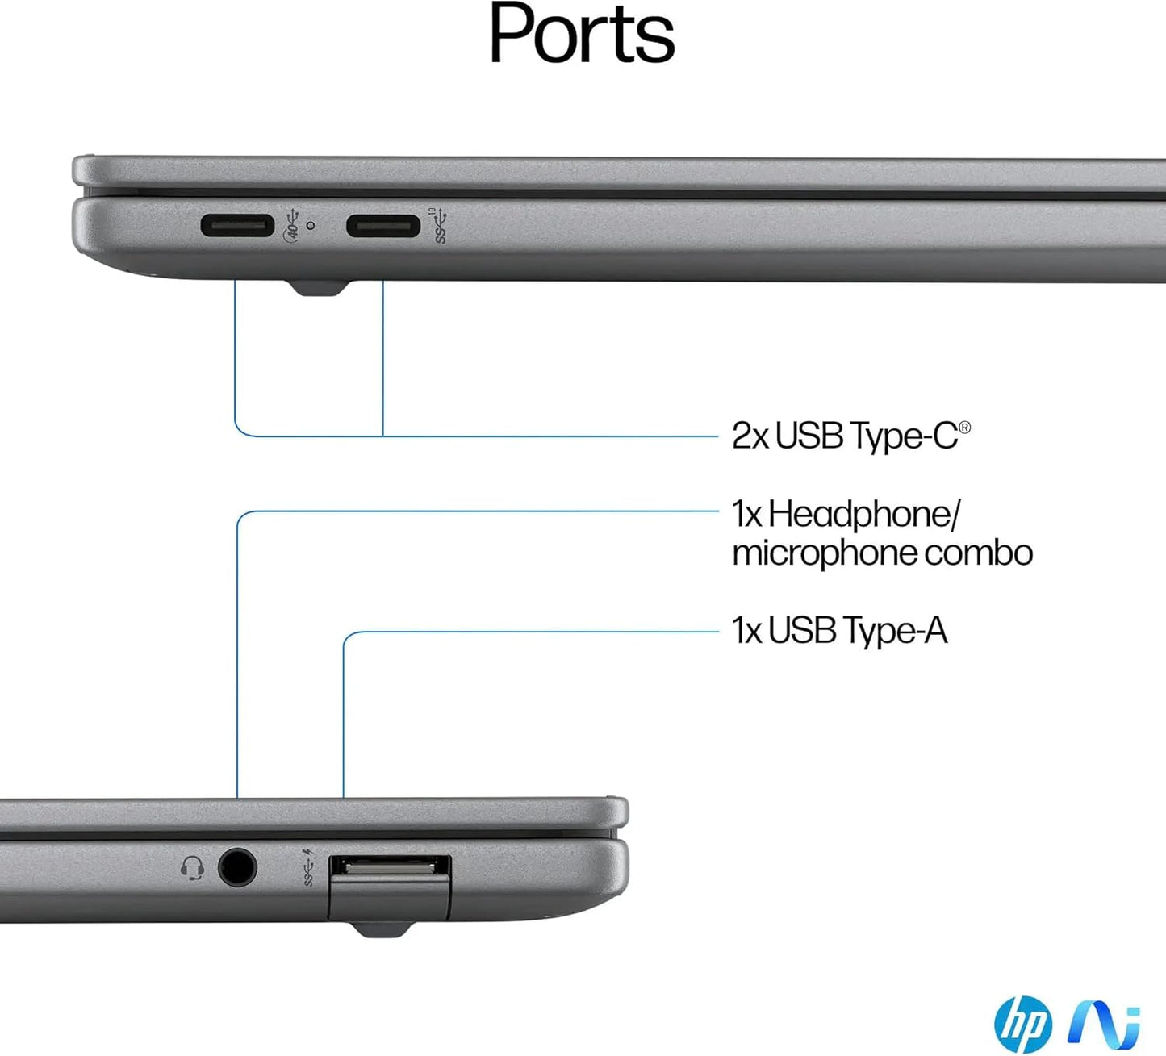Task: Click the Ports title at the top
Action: tap(581, 34)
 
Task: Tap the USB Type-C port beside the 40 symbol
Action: tap(237, 225)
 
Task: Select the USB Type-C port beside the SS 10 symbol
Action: tap(382, 225)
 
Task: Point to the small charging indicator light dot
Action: tap(311, 226)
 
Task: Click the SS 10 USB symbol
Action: tap(439, 226)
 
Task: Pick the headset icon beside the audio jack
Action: tap(192, 869)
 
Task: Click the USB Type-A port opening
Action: tap(390, 867)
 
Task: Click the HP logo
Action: tap(1023, 1024)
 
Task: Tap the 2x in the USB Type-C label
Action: tap(750, 436)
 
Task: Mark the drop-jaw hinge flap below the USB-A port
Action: tap(389, 900)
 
